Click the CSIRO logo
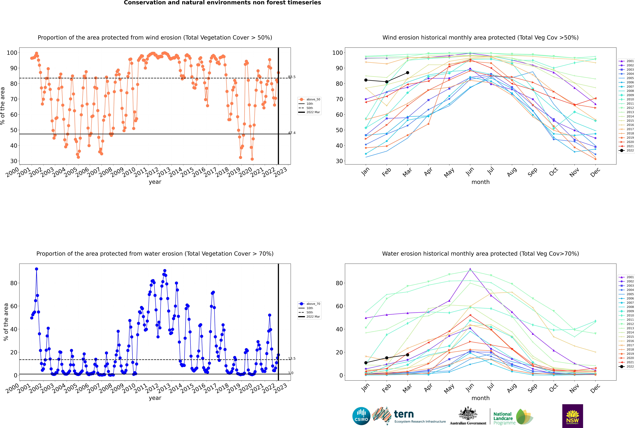(x=361, y=416)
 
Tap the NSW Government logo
(x=572, y=416)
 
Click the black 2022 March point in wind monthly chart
(x=408, y=73)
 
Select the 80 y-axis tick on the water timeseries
(x=14, y=283)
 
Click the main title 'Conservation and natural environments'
(x=222, y=3)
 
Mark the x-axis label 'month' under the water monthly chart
(x=480, y=398)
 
